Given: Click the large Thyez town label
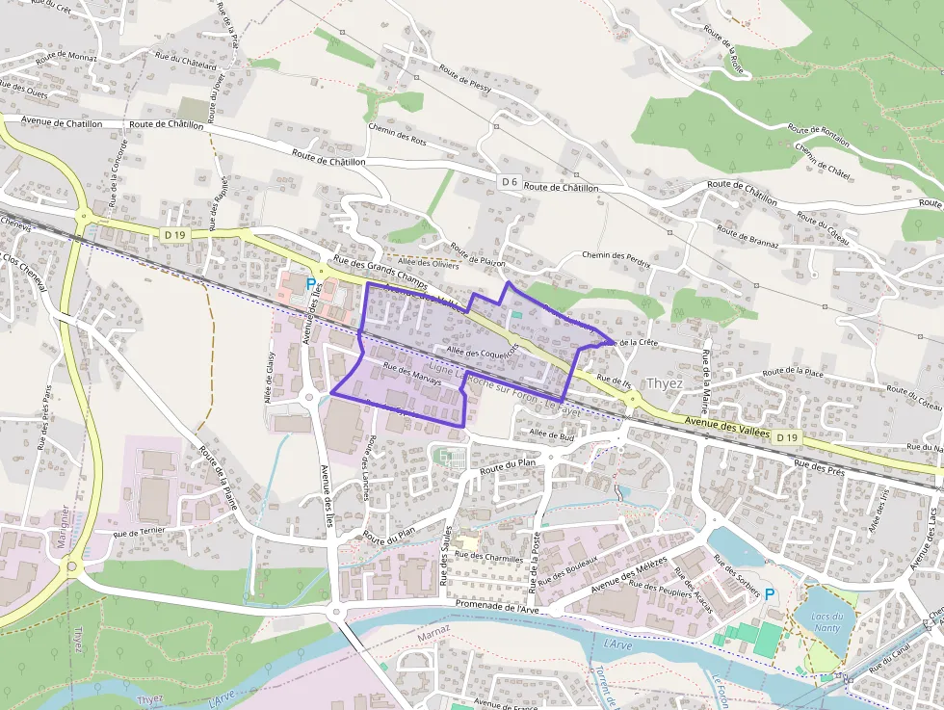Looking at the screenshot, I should pyautogui.click(x=665, y=382).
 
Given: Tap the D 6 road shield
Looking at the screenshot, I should pyautogui.click(x=510, y=181).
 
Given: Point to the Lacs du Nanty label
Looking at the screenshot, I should pyautogui.click(x=827, y=621).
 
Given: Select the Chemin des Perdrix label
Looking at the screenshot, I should pyautogui.click(x=616, y=258).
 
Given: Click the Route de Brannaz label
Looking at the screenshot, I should pyautogui.click(x=747, y=235).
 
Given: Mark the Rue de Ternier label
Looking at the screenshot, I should pyautogui.click(x=140, y=531).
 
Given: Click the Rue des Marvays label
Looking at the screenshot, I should pyautogui.click(x=412, y=374).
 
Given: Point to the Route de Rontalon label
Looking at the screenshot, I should pyautogui.click(x=819, y=135).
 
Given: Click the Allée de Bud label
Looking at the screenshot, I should pyautogui.click(x=552, y=435).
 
